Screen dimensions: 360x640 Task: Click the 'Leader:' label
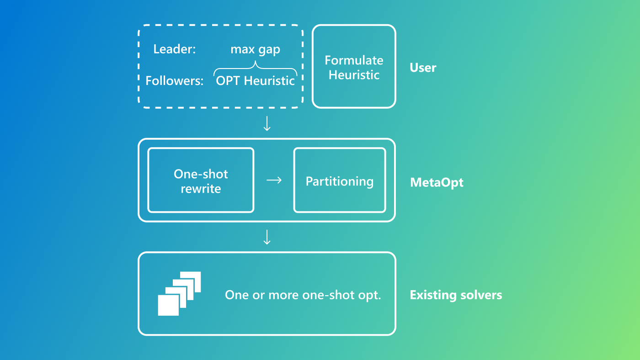[174, 49]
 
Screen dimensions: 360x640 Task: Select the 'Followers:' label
[174, 81]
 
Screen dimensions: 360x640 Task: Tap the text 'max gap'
[255, 49]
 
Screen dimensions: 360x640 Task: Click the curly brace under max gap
[255, 66]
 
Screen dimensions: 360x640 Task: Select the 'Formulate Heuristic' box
[354, 66]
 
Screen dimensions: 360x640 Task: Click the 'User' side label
[423, 68]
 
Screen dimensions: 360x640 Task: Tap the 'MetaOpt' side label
[437, 182]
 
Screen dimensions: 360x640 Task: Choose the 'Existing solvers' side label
[456, 295]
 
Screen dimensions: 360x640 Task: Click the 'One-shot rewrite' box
[201, 180]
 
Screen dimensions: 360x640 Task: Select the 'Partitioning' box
[339, 180]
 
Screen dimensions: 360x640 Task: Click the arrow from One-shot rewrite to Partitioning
[274, 180]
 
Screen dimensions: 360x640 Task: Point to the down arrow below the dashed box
[267, 123]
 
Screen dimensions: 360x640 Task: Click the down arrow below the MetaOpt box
[267, 237]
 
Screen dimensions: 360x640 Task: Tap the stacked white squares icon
[179, 293]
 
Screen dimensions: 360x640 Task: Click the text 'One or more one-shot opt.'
[303, 295]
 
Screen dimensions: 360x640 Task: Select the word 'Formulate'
[354, 60]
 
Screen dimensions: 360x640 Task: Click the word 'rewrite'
[201, 189]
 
